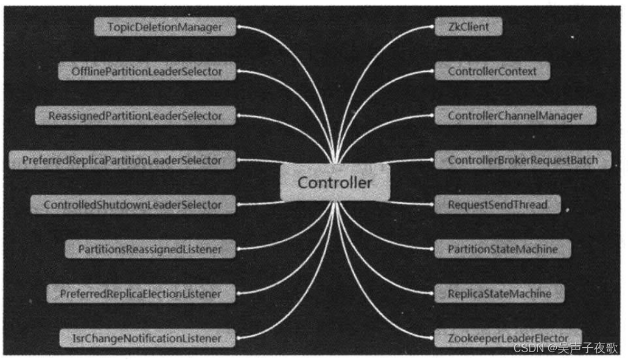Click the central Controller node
(x=335, y=182)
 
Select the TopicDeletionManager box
(x=164, y=27)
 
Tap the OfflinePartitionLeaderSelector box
(x=147, y=71)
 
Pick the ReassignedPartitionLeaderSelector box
(x=135, y=115)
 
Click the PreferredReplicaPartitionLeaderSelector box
(x=122, y=161)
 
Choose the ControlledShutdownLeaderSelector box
(x=132, y=205)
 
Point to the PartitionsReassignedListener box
(x=150, y=249)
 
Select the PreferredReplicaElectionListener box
(x=141, y=294)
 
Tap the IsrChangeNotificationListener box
(x=147, y=337)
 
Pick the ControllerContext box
(x=492, y=71)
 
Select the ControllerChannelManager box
(x=515, y=115)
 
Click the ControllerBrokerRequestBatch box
(x=523, y=161)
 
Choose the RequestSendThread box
(x=497, y=205)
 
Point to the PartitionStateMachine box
(x=501, y=249)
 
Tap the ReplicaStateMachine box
(x=499, y=294)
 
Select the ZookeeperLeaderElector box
(x=508, y=337)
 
